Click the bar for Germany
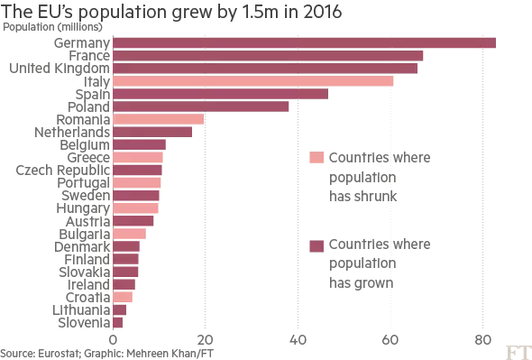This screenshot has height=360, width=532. pyautogui.click(x=304, y=42)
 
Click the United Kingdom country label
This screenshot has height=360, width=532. pyautogui.click(x=59, y=69)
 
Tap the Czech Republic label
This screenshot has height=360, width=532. pyautogui.click(x=63, y=170)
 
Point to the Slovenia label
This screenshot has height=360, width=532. pyautogui.click(x=84, y=322)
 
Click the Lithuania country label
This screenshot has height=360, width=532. pyautogui.click(x=83, y=309)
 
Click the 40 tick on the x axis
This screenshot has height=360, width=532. pyautogui.click(x=298, y=340)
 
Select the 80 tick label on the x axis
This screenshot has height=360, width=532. pyautogui.click(x=482, y=340)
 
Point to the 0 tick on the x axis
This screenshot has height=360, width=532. pyautogui.click(x=114, y=340)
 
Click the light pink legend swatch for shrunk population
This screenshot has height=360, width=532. pyautogui.click(x=316, y=158)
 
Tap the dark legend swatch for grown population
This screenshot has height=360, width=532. pyautogui.click(x=316, y=245)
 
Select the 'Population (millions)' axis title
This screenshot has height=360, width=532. pyautogui.click(x=45, y=26)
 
